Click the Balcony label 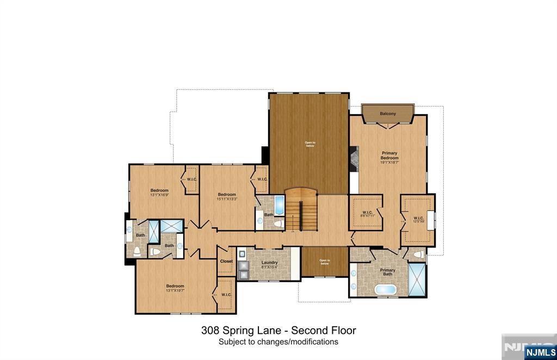coord(388,114)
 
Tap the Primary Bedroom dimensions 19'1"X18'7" coord(389,162)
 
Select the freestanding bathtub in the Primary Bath coord(386,289)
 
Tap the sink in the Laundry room coord(242,253)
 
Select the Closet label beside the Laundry coord(226,261)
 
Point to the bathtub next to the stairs coord(278,206)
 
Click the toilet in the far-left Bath coord(137,251)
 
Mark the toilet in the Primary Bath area coord(418,254)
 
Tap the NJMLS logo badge coord(540,352)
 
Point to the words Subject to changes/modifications coord(278,342)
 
